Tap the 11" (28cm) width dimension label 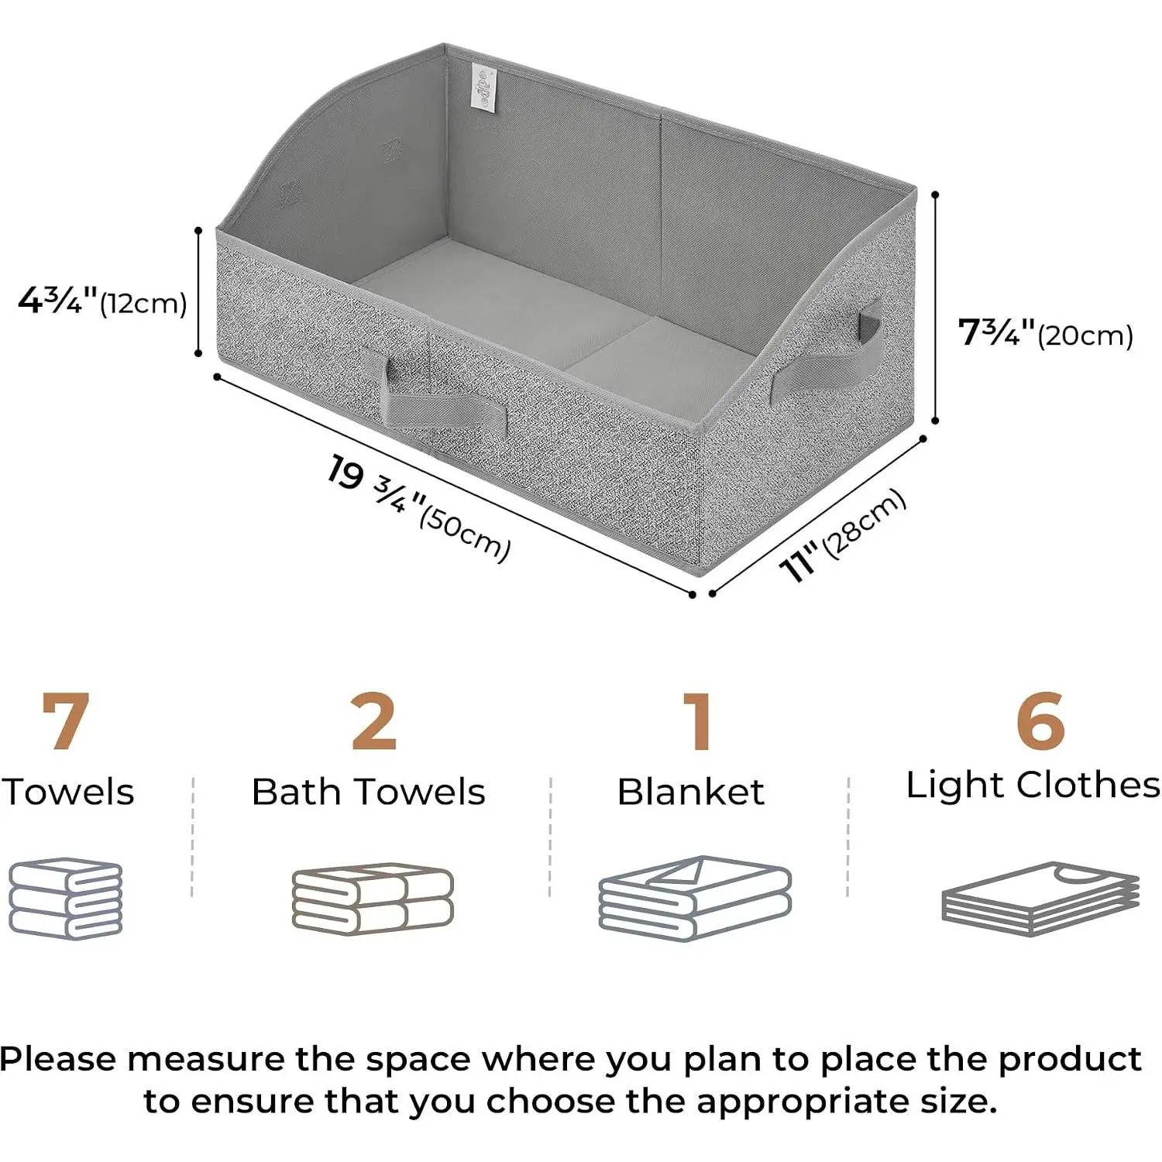[843, 535]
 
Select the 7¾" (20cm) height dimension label [1046, 333]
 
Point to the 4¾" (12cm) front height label [102, 301]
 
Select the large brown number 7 [66, 721]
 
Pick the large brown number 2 [374, 721]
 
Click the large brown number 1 [700, 721]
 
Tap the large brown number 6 [1040, 721]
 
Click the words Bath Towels [369, 792]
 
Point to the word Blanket [691, 792]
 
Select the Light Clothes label [1033, 786]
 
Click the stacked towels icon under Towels [66, 899]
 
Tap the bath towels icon [373, 899]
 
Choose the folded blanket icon [695, 899]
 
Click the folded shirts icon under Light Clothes [1040, 899]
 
